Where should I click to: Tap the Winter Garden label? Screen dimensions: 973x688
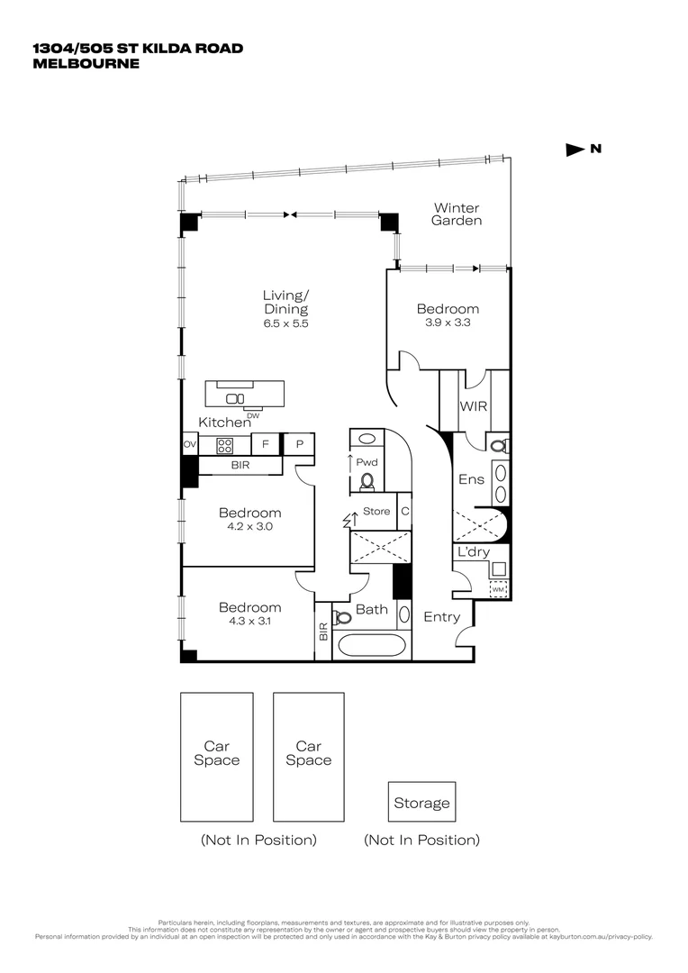click(456, 214)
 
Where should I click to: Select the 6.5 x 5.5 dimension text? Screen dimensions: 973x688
click(285, 323)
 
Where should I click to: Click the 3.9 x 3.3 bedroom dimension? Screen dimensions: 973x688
click(447, 323)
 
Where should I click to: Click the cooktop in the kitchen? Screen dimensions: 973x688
click(225, 444)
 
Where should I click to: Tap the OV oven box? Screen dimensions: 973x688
click(190, 444)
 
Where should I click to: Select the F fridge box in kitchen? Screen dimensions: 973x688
click(266, 444)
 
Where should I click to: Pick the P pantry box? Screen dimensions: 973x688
click(298, 444)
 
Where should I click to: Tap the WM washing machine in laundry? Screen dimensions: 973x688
click(497, 589)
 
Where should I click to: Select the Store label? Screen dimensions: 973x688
click(376, 511)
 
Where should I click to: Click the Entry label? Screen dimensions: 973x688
click(441, 617)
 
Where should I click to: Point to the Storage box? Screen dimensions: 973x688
click(421, 803)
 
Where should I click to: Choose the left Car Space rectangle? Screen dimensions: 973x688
click(216, 756)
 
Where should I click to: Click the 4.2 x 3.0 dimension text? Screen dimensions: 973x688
click(249, 527)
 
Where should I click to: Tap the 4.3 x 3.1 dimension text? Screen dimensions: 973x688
click(249, 622)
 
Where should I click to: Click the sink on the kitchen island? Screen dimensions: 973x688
click(234, 397)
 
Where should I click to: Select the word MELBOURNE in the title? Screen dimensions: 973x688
click(86, 64)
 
